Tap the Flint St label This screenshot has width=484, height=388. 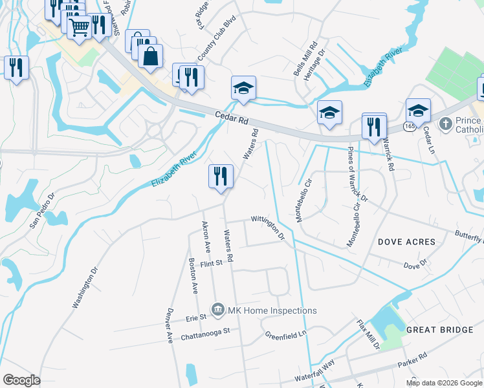click(x=211, y=263)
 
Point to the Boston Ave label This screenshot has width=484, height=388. click(x=192, y=277)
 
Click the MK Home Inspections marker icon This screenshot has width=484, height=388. click(x=218, y=310)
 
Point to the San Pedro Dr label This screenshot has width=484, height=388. click(x=43, y=210)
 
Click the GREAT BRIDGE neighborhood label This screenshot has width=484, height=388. click(x=439, y=330)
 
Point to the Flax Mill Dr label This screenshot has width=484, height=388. click(x=368, y=334)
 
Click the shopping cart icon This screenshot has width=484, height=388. click(x=79, y=28)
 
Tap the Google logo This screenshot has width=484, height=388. click(x=22, y=380)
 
